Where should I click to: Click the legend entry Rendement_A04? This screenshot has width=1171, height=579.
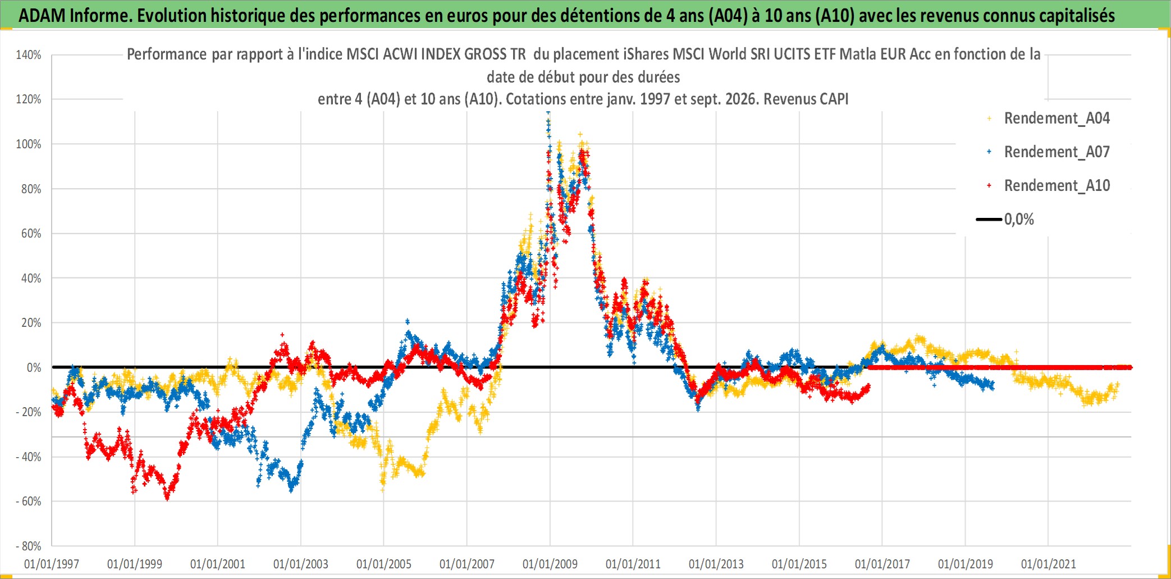point(1056,118)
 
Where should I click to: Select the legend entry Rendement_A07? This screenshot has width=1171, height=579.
point(1056,152)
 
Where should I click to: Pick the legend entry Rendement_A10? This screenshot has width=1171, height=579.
point(1056,186)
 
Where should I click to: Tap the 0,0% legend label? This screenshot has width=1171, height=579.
point(1019,220)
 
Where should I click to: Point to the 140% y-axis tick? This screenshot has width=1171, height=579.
point(29,55)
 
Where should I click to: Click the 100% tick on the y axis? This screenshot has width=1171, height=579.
point(29,144)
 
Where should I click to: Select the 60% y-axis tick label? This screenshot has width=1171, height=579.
point(31,234)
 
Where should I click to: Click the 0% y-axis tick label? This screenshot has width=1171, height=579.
point(34,368)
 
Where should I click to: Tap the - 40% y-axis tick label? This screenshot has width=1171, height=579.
point(29,457)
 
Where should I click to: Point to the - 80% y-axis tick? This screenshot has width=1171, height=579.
point(29,546)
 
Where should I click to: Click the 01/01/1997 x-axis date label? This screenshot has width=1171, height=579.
point(52,564)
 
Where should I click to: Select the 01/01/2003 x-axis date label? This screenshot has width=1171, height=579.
point(301,564)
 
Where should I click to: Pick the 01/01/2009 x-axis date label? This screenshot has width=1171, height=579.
point(550,564)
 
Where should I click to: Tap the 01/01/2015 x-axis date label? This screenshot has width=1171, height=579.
point(799,564)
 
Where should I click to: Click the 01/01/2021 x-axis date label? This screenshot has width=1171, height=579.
point(1049,564)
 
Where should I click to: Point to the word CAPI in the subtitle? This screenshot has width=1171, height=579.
point(834,99)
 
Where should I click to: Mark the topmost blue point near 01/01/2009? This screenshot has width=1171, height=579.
point(548,113)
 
